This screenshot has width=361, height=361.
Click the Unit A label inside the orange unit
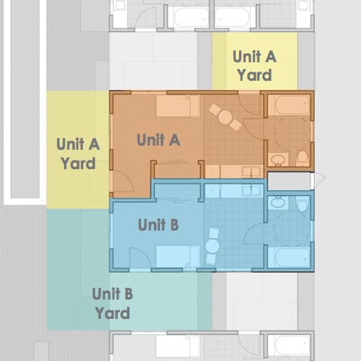tap(158, 140)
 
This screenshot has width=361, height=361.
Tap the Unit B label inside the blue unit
tap(158, 225)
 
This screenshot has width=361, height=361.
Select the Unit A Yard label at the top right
tap(254, 66)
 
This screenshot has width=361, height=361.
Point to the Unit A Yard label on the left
tap(78, 153)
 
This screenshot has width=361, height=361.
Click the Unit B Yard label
tap(112, 304)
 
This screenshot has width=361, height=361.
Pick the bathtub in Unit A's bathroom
tap(289, 105)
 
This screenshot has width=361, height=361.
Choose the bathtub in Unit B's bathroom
tap(289, 257)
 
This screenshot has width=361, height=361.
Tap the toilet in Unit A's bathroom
tap(302, 158)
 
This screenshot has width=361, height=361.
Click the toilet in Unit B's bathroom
tap(302, 204)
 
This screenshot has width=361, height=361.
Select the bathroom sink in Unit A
tap(278, 160)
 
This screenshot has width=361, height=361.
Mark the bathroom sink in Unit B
tap(278, 203)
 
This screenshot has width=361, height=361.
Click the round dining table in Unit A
tap(226, 117)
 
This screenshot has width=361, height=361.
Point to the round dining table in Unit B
tap(212, 247)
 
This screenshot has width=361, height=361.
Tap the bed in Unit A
tap(178, 106)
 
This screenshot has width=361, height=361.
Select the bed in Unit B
tap(178, 257)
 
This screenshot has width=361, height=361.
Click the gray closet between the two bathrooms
tap(289, 181)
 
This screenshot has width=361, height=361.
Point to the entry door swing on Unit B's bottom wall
tap(140, 257)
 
